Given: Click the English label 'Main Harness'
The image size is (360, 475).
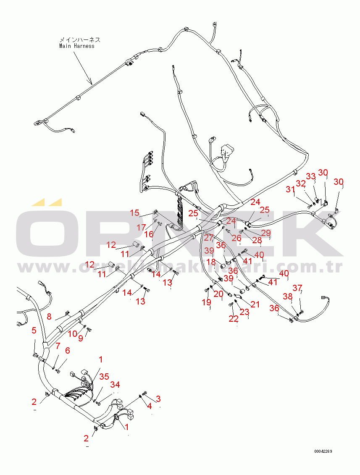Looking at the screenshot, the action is tap(77, 46).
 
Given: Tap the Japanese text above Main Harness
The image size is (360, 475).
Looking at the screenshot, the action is tap(80, 40).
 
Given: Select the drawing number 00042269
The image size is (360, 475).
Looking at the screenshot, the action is tap(323, 451).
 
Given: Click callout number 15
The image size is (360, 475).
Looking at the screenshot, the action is tap(134, 213).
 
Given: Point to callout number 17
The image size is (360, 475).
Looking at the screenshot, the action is tap(141, 227).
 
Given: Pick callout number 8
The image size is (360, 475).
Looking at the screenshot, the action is tap(49, 316).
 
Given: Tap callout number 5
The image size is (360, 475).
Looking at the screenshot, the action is tap(34, 330).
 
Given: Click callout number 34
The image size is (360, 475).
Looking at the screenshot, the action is tap(115, 385).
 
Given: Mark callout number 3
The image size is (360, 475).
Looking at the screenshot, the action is tap(158, 398).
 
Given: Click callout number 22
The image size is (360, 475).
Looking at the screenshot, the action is tap(234, 319).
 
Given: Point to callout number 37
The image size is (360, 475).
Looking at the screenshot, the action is tap(297, 288).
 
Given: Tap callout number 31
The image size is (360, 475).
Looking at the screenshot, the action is tap(290, 189).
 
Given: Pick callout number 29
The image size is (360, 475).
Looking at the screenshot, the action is tap(266, 233).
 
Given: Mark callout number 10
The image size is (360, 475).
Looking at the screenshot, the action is tap(73, 333).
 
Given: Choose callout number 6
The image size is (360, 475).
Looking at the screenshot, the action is tap(67, 350).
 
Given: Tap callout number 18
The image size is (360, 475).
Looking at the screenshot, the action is tap(211, 262).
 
